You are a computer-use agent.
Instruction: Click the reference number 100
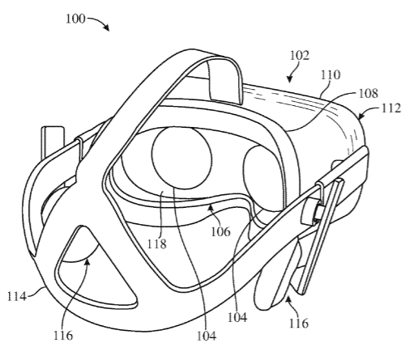click(x=76, y=19)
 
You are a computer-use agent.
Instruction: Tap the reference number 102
click(x=300, y=56)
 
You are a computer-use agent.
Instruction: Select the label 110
click(x=330, y=74)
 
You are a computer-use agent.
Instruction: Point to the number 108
click(x=369, y=93)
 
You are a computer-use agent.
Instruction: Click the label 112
click(x=391, y=108)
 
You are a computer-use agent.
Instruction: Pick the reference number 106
click(x=221, y=231)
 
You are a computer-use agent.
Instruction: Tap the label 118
click(x=157, y=244)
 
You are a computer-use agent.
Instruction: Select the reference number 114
click(x=17, y=296)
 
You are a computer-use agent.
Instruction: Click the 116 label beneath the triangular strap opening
click(x=63, y=336)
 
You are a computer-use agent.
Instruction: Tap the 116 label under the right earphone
click(x=299, y=323)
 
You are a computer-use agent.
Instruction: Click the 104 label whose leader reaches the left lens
click(x=207, y=336)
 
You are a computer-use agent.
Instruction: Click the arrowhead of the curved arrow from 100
click(x=107, y=28)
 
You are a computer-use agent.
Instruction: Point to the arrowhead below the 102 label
click(x=290, y=78)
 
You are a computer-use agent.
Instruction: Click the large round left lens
click(x=181, y=158)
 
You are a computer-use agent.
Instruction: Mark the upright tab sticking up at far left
click(x=53, y=143)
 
